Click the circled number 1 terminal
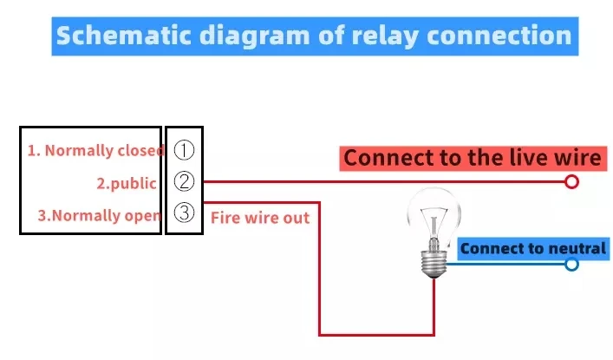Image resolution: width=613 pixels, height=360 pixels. tap(184, 150)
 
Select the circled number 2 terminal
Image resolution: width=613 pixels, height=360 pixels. tap(184, 182)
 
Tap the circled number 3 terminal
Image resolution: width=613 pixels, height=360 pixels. tap(184, 214)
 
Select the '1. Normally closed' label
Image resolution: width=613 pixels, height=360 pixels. tap(95, 151)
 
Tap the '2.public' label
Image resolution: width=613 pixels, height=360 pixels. tap(127, 183)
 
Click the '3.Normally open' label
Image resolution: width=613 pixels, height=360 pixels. tap(100, 215)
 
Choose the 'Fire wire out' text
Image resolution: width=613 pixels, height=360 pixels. tap(260, 218)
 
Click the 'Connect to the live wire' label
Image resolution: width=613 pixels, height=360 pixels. tap(472, 158)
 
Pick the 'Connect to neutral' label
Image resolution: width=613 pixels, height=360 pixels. tap(532, 249)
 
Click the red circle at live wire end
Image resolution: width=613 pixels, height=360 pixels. tap(571, 182)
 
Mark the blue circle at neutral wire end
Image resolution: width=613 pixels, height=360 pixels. tap(571, 264)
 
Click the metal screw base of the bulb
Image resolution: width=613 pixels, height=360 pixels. tap(433, 259)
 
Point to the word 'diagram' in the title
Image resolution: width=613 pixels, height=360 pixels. tap(243, 36)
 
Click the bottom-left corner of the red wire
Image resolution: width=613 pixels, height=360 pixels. tap(321, 334)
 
